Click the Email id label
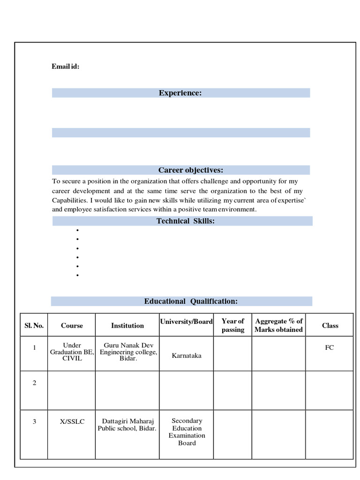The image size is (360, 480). click(65, 67)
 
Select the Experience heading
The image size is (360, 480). click(180, 93)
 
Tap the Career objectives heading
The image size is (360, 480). click(190, 170)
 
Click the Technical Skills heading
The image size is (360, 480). click(186, 221)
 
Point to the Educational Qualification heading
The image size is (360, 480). click(190, 301)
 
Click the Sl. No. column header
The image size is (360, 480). click(34, 325)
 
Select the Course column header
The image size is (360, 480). click(72, 325)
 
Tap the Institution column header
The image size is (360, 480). click(127, 325)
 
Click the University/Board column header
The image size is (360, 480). click(186, 322)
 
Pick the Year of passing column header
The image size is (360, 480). click(232, 325)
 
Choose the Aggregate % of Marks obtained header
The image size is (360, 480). click(278, 325)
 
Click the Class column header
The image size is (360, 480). click(330, 325)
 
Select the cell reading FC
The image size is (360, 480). click(330, 348)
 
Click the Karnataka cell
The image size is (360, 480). click(187, 356)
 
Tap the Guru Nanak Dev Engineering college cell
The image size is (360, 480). click(128, 352)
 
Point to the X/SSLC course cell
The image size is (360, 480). click(72, 421)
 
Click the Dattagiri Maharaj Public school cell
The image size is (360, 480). click(127, 425)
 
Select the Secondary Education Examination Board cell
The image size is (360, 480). click(187, 432)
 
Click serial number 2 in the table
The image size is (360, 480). click(34, 383)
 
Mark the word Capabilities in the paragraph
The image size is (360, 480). click(67, 200)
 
